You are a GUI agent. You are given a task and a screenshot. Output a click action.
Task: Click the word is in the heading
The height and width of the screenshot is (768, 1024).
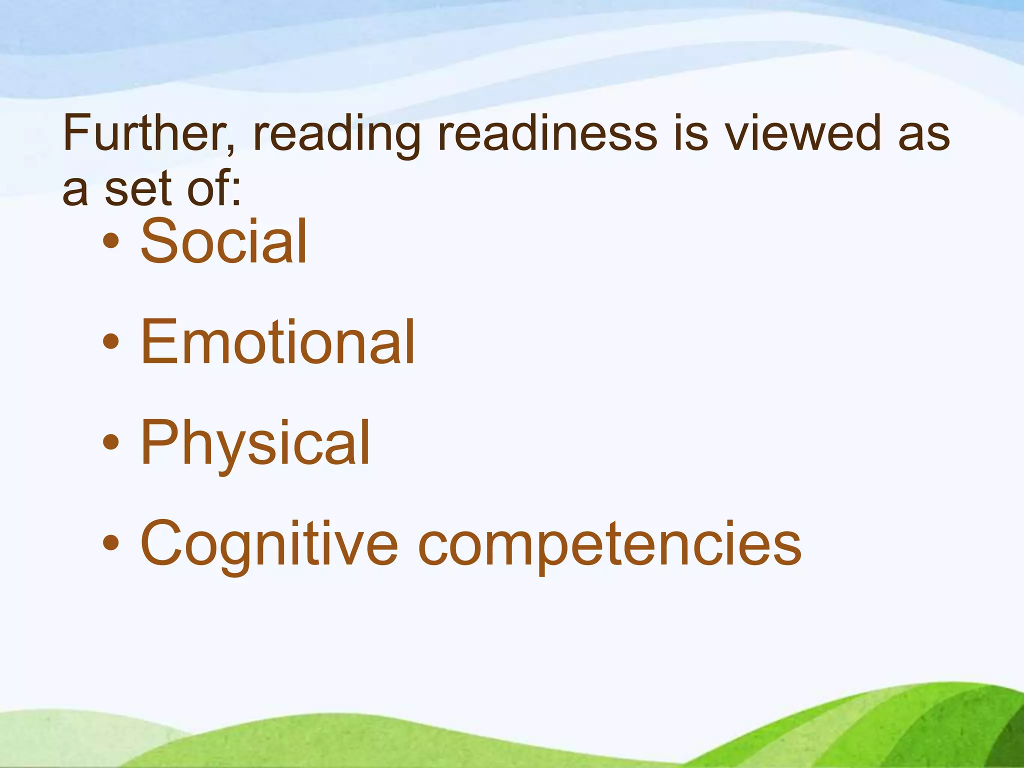pyautogui.click(x=690, y=133)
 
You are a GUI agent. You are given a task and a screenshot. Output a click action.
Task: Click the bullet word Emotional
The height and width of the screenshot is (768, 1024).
pyautogui.click(x=277, y=342)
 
